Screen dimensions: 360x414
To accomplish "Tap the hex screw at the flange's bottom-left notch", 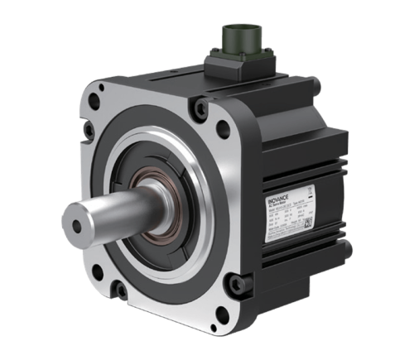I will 121,289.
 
